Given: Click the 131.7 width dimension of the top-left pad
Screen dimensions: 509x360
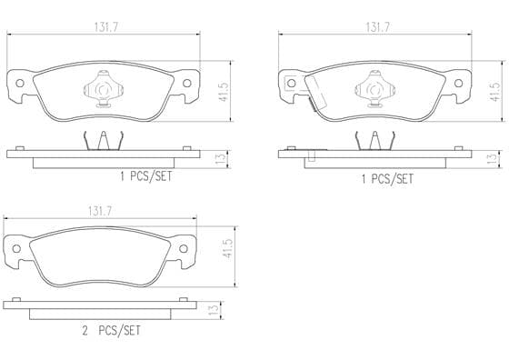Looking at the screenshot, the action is (x=106, y=27).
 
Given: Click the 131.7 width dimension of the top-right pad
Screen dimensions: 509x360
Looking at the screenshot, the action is (x=377, y=27).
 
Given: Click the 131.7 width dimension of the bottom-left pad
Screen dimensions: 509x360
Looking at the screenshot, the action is (x=100, y=212).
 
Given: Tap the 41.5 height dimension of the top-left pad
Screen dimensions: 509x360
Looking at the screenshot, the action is (x=224, y=92).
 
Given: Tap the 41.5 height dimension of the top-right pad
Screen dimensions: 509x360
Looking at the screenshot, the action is (x=495, y=92).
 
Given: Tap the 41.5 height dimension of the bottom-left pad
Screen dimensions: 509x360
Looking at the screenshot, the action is (x=229, y=249).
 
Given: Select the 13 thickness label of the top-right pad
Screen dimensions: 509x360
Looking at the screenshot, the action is (x=493, y=158).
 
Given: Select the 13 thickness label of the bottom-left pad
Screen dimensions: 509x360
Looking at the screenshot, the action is (x=214, y=310).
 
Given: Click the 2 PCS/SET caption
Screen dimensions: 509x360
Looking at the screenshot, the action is (x=112, y=331).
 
